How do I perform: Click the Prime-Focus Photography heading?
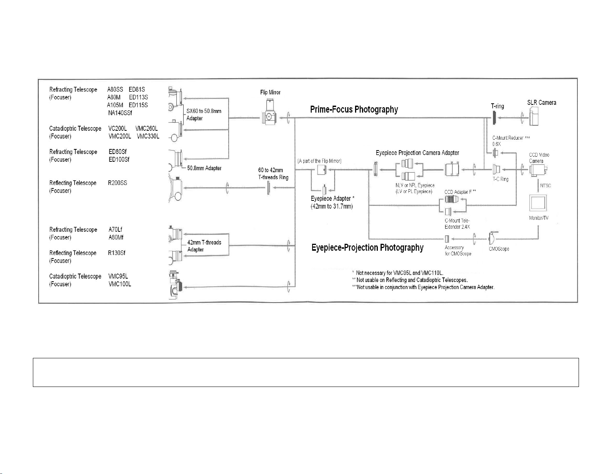(x=354, y=110)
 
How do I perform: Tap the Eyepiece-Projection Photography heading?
(x=367, y=248)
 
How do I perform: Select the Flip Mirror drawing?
(x=270, y=112)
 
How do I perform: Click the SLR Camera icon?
(x=534, y=116)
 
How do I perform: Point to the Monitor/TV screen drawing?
(x=538, y=203)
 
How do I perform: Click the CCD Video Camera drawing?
(x=538, y=170)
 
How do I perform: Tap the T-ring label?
(x=497, y=106)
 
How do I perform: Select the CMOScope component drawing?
(x=493, y=238)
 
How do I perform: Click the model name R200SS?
(x=117, y=183)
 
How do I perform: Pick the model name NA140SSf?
(x=120, y=113)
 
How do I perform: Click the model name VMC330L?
(x=148, y=136)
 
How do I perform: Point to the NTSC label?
(x=545, y=186)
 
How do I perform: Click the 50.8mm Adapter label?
(x=204, y=168)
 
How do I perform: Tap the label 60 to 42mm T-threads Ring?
(x=273, y=174)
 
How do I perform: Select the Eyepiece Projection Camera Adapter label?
(x=417, y=153)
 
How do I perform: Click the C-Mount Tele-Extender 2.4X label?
(x=457, y=224)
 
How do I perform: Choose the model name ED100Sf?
(x=119, y=159)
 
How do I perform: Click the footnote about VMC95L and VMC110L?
(x=398, y=273)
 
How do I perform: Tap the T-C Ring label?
(x=500, y=179)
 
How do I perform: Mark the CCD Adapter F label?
(x=460, y=192)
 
